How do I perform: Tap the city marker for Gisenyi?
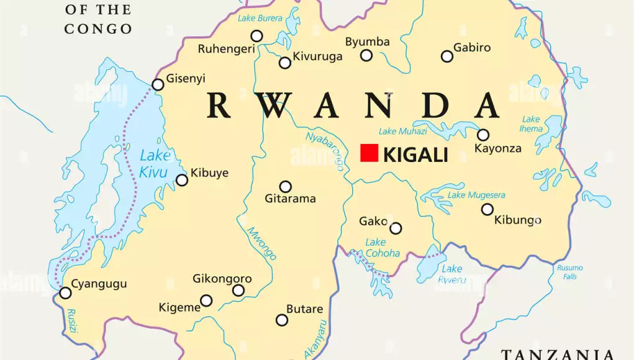pyautogui.click(x=158, y=84)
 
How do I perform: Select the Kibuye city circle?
pyautogui.click(x=182, y=180)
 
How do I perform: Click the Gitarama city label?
pyautogui.click(x=291, y=199)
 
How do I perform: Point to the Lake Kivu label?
pyautogui.click(x=153, y=164)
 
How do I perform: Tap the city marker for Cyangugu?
pyautogui.click(x=65, y=293)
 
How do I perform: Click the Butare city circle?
pyautogui.click(x=282, y=320)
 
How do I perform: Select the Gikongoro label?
pyautogui.click(x=222, y=279)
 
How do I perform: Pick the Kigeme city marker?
pyautogui.click(x=206, y=301)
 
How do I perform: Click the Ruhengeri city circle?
pyautogui.click(x=256, y=36)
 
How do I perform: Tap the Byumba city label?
pyautogui.click(x=368, y=42)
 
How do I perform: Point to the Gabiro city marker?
pyautogui.click(x=447, y=56)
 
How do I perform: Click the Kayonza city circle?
pyautogui.click(x=482, y=135)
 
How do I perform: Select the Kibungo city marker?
pyautogui.click(x=487, y=209)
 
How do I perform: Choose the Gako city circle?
pyautogui.click(x=396, y=228)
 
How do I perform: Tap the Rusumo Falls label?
pyautogui.click(x=569, y=272)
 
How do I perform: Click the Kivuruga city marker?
pyautogui.click(x=285, y=63)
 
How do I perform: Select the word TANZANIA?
pyautogui.click(x=558, y=354)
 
